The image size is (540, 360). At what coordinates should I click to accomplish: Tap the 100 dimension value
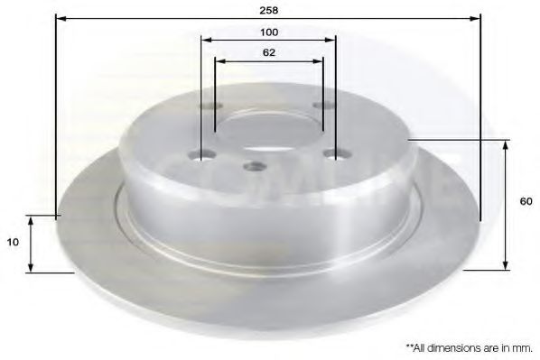click(x=268, y=32)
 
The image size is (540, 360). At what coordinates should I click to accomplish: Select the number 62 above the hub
click(x=268, y=52)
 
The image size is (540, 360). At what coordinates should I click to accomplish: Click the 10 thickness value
click(x=12, y=243)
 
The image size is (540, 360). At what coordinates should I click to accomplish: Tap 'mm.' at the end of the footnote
click(x=523, y=346)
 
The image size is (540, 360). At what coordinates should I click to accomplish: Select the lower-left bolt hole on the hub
click(x=203, y=152)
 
